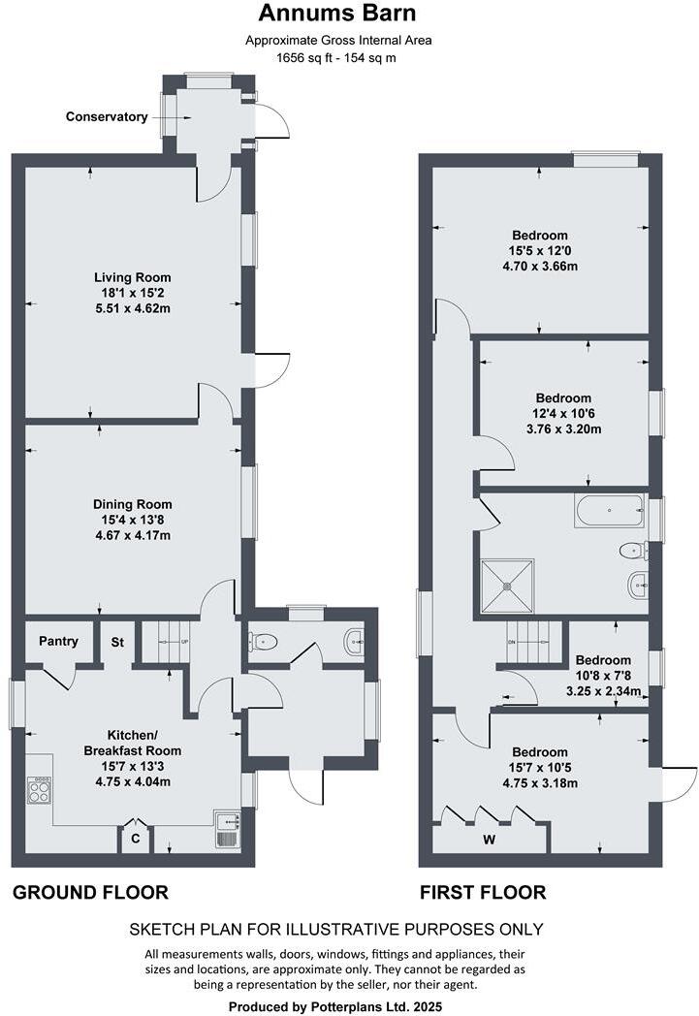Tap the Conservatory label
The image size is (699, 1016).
click(107, 117)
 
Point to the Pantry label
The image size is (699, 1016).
click(59, 642)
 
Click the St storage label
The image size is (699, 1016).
click(117, 642)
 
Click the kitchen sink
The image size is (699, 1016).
click(226, 831)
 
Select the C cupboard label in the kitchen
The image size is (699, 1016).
click(135, 839)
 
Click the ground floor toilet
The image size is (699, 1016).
click(265, 641)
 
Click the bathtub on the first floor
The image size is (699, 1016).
click(609, 509)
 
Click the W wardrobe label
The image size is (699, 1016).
click(490, 840)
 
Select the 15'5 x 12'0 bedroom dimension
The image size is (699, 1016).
click(540, 251)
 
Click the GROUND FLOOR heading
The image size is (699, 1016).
click(90, 892)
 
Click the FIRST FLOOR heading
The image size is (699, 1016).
click(482, 892)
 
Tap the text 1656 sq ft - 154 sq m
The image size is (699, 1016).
click(336, 58)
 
